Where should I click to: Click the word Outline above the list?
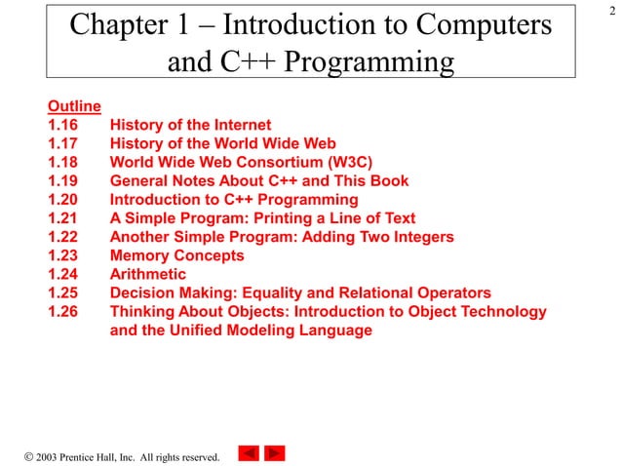coord(74,106)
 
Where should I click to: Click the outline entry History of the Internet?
coord(190,125)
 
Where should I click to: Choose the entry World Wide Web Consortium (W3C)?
coord(241,162)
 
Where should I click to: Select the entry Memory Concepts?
coord(176,255)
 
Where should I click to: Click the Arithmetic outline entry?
coord(147,274)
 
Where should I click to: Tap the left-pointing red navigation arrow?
coord(249,453)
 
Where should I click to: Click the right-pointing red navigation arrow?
coord(275,453)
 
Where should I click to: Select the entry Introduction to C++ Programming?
coord(234,199)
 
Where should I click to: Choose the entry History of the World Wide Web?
coord(222,143)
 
